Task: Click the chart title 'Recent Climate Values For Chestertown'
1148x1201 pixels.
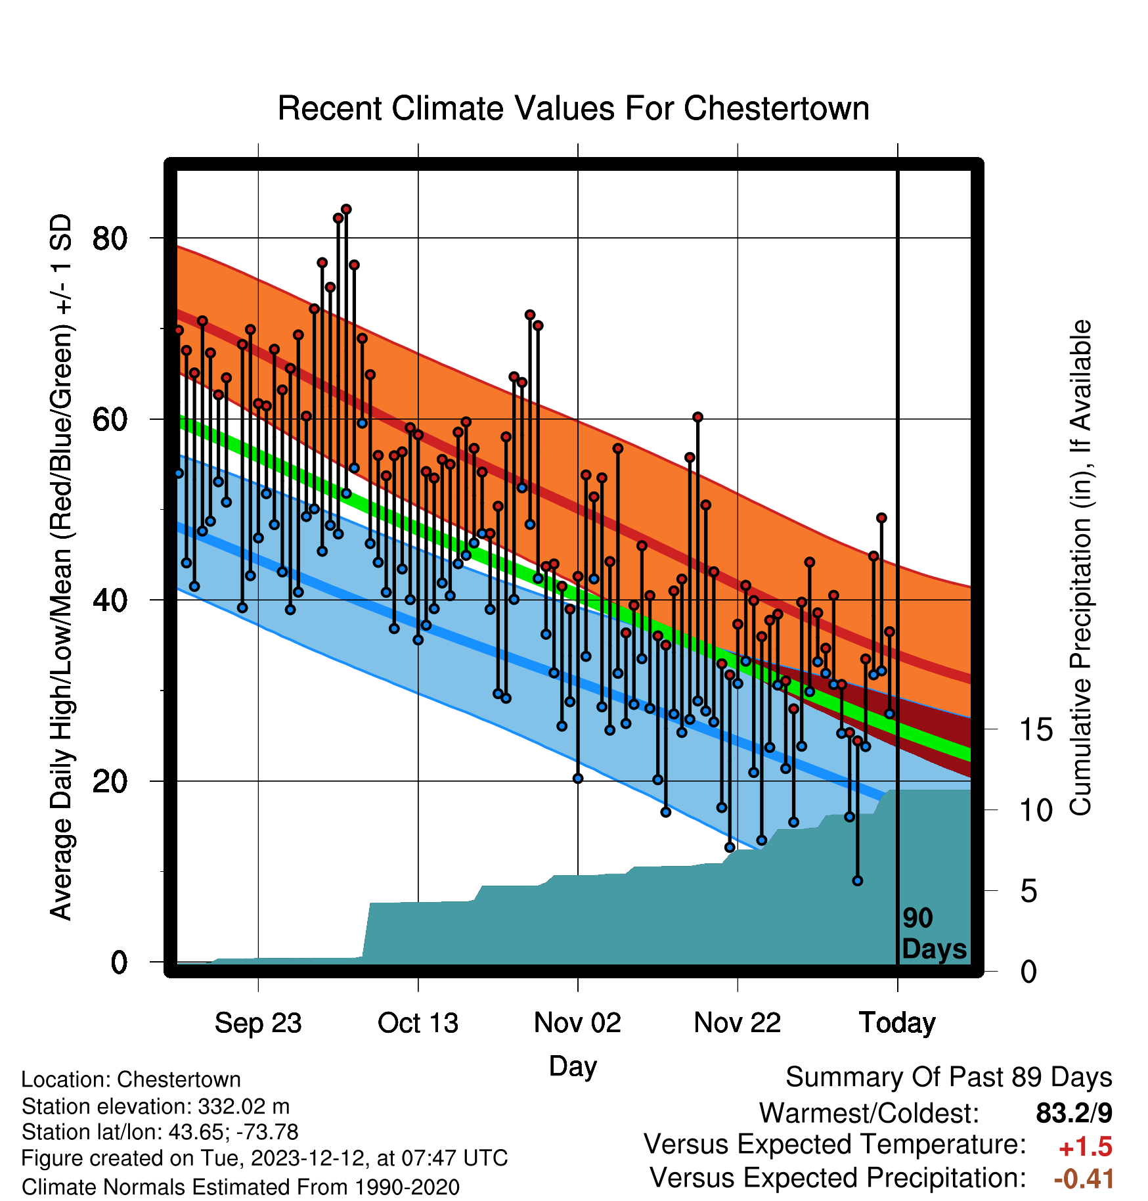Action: [573, 108]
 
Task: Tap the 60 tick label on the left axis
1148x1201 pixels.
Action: [110, 419]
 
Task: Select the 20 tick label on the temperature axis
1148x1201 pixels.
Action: [110, 781]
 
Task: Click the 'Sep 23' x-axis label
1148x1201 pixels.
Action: [258, 1023]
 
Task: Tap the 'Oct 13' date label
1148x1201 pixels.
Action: [418, 1023]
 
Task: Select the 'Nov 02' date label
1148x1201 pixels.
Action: [578, 1023]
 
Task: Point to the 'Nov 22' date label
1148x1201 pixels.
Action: [738, 1023]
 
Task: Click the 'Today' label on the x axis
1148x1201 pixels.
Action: [898, 1023]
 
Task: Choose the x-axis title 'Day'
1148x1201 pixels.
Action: [573, 1066]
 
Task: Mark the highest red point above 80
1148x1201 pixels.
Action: [346, 210]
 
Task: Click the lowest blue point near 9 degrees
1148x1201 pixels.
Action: [857, 881]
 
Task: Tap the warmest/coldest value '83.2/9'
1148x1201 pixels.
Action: [1074, 1113]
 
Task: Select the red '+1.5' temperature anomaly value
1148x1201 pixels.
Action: [1086, 1147]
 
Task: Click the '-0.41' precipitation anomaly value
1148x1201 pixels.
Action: [1084, 1179]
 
